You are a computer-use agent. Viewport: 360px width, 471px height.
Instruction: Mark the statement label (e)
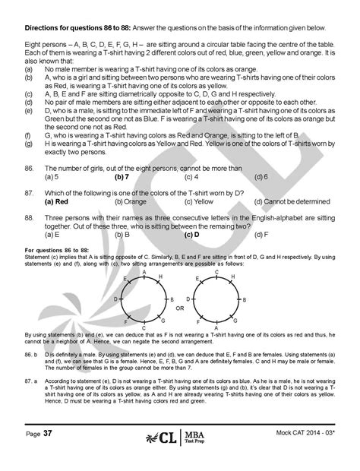29,109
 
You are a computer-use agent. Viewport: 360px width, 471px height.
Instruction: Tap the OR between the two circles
179,309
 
